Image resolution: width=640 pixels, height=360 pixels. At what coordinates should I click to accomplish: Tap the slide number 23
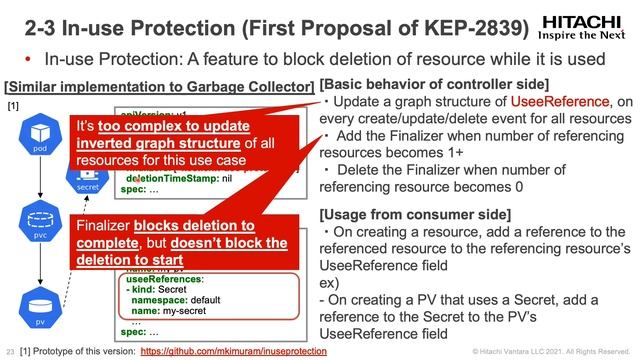pyautogui.click(x=10, y=352)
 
